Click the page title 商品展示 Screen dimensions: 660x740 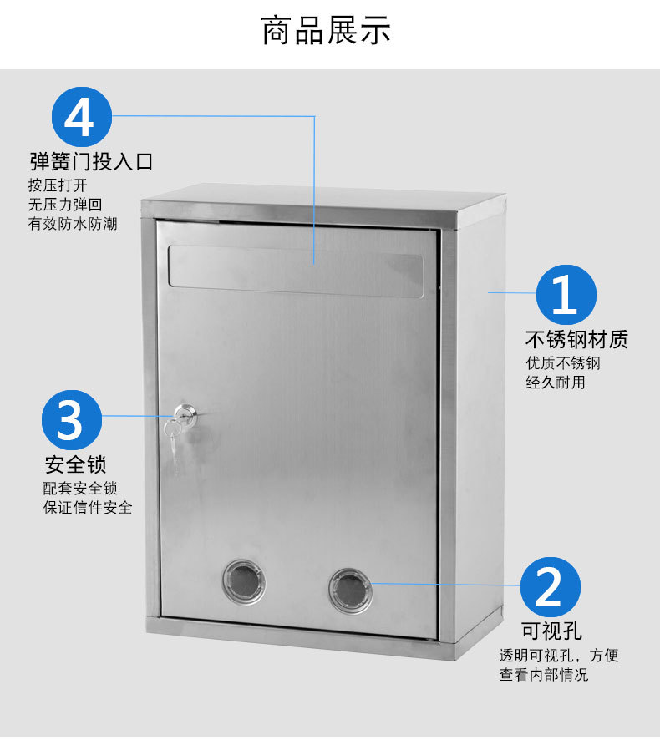(326, 31)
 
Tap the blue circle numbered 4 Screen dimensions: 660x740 (82, 117)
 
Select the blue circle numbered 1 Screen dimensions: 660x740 (566, 295)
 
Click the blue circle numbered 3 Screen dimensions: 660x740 (72, 419)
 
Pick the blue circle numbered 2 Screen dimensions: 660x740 (551, 586)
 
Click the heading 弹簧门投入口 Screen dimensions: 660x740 (92, 162)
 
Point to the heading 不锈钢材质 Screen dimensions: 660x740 (576, 339)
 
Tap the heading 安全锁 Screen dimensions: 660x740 (75, 464)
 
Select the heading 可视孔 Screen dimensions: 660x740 (551, 631)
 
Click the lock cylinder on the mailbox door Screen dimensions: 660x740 (185, 414)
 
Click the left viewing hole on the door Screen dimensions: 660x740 (244, 581)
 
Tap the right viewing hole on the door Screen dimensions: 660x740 (350, 590)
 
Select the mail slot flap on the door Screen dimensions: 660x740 (296, 271)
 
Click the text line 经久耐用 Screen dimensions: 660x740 (556, 383)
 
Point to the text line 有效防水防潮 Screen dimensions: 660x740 (73, 224)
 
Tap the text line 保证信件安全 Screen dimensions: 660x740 (88, 508)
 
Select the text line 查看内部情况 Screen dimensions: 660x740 (544, 675)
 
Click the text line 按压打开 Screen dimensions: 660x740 (58, 185)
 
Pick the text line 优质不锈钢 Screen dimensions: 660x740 (563, 363)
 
